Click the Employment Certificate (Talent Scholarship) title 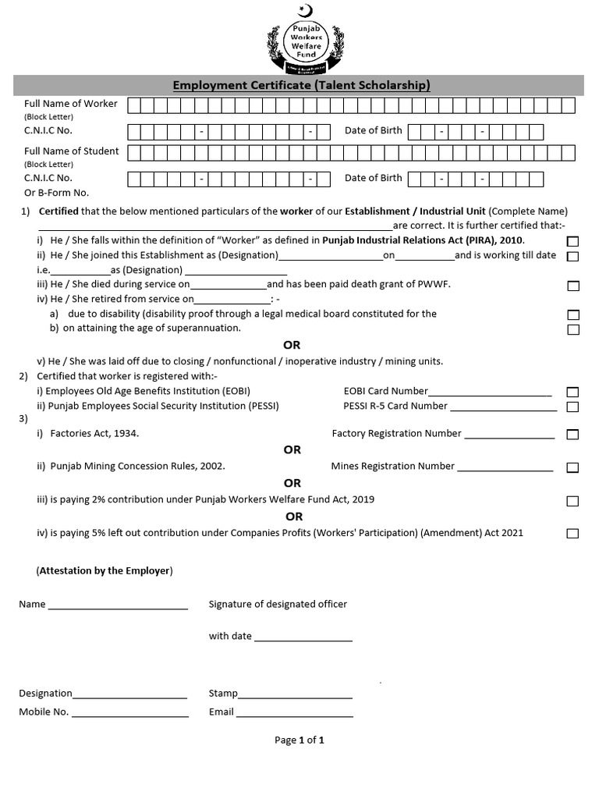[301, 86]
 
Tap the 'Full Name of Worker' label [71, 104]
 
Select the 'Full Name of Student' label [72, 151]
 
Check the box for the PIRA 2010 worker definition [573, 241]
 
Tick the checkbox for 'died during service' [573, 286]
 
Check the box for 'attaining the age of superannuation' [573, 329]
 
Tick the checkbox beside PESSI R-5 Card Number [573, 407]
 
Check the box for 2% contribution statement [573, 501]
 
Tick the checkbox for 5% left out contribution [573, 534]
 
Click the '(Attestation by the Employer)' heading [105, 571]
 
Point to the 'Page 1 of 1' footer [299, 740]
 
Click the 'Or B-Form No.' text [57, 193]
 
